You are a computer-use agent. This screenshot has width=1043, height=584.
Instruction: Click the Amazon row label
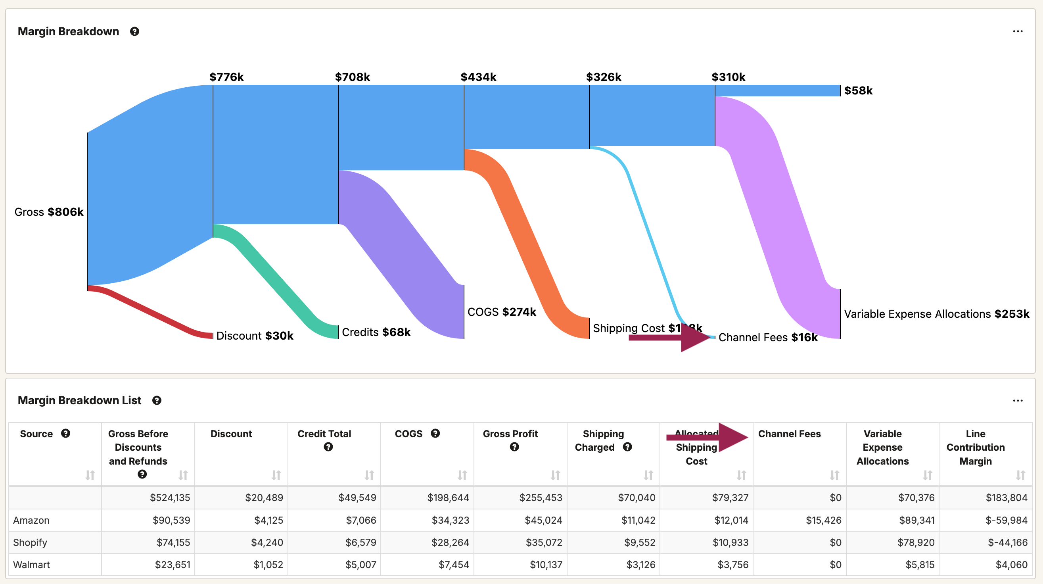tap(31, 520)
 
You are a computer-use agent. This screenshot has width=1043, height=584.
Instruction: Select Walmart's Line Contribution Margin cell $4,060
tap(1011, 565)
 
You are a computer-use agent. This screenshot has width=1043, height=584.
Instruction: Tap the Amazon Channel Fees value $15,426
tap(823, 520)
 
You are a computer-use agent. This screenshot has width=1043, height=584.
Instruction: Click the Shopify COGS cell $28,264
tap(450, 542)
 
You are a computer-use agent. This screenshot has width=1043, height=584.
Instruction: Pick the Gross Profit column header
tap(510, 434)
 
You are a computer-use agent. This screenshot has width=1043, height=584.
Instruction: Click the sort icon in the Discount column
tap(276, 475)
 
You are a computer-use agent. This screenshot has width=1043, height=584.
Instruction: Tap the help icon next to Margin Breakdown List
tap(157, 401)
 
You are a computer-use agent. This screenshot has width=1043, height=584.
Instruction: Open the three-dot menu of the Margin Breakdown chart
tap(1018, 32)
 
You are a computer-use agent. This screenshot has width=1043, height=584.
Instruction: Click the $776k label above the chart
tap(226, 77)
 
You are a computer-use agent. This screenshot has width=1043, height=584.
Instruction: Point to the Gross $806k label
tap(49, 212)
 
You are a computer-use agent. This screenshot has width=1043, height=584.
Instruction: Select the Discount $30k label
tap(255, 336)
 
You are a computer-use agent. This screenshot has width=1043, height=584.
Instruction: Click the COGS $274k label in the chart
tap(502, 312)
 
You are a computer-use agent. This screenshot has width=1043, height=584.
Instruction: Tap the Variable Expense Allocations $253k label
tap(936, 314)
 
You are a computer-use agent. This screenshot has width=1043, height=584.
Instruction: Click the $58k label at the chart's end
tap(858, 91)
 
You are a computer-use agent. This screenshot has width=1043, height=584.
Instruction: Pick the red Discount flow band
tap(150, 312)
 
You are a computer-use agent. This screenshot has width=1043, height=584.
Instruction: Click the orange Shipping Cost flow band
tap(526, 243)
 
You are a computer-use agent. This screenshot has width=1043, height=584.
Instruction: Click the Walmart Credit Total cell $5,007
tap(360, 565)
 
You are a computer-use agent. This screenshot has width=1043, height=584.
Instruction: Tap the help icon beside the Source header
tap(65, 434)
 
